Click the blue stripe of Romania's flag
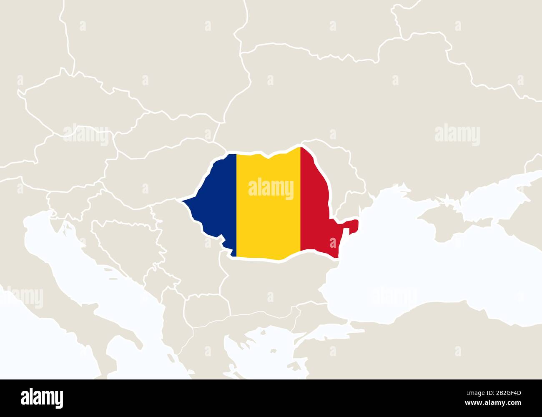[215, 200]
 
